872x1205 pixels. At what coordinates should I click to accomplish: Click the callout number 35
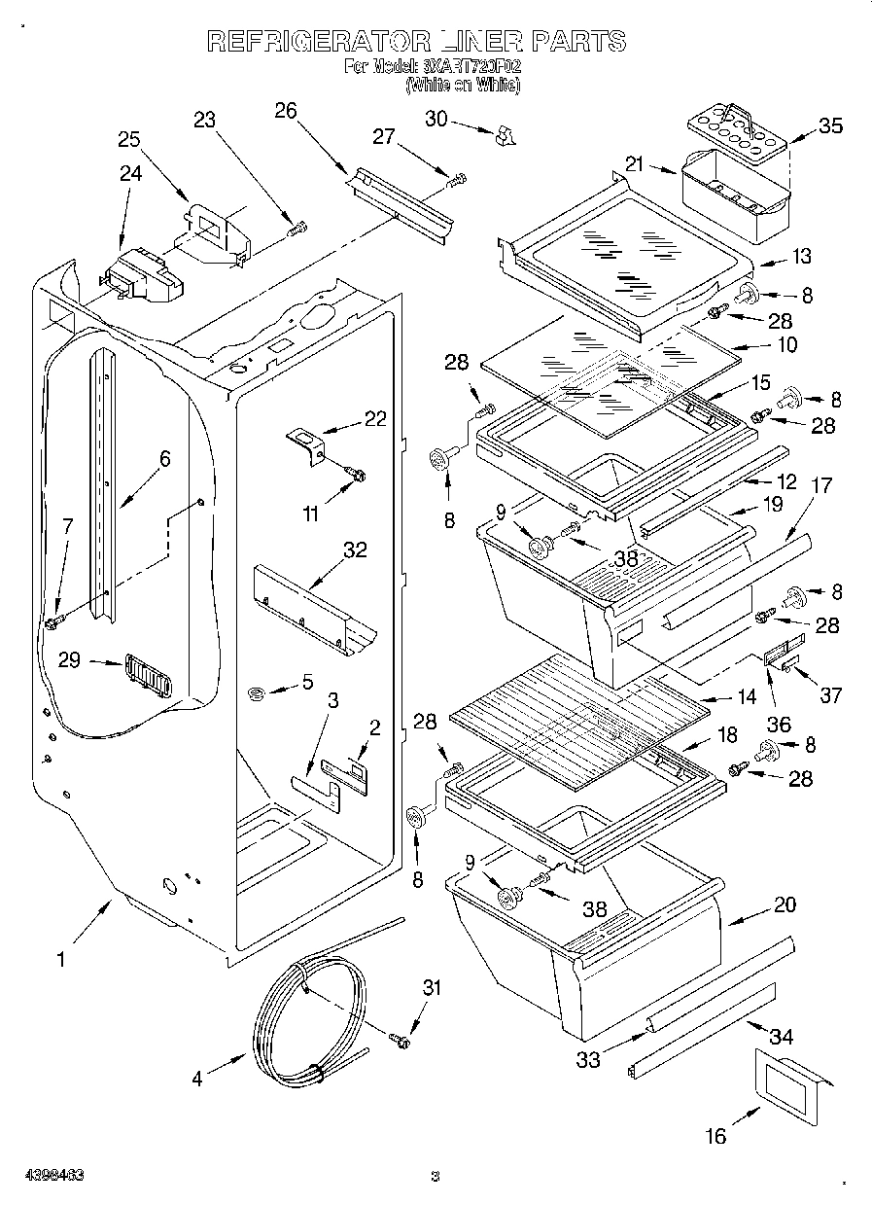click(830, 126)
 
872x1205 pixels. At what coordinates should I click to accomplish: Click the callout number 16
click(715, 1135)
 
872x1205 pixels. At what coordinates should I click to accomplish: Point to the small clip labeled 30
click(504, 135)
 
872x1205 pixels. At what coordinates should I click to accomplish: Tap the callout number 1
click(60, 959)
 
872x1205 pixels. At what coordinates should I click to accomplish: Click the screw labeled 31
click(400, 1041)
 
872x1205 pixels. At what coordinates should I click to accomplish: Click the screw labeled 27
click(456, 179)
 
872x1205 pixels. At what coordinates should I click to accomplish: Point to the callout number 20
click(784, 904)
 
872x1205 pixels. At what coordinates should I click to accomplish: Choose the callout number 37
click(830, 694)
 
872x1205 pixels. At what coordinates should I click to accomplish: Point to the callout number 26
click(285, 110)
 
